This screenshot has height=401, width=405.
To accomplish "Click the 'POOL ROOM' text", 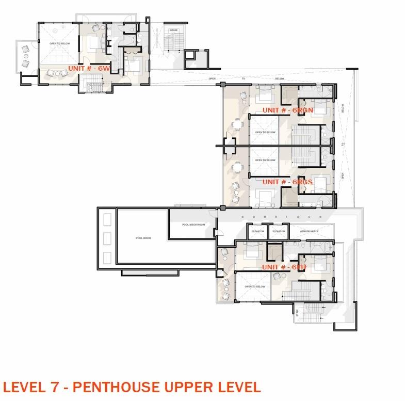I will point(143,238).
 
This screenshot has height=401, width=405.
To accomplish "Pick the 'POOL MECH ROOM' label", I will point(193,225).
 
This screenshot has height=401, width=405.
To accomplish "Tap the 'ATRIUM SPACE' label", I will point(310,231).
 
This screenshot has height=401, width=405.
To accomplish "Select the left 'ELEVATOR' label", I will point(258,231).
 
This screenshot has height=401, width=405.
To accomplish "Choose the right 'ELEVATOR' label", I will point(279,231).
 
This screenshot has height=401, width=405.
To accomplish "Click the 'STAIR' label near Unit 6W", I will point(174,30).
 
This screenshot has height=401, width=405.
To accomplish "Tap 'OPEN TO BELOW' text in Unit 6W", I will point(60,43).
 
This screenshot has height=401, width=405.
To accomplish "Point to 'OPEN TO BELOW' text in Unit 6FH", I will point(255,286).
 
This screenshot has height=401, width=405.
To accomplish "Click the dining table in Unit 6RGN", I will point(237,124).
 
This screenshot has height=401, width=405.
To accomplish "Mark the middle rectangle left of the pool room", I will point(107,239).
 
